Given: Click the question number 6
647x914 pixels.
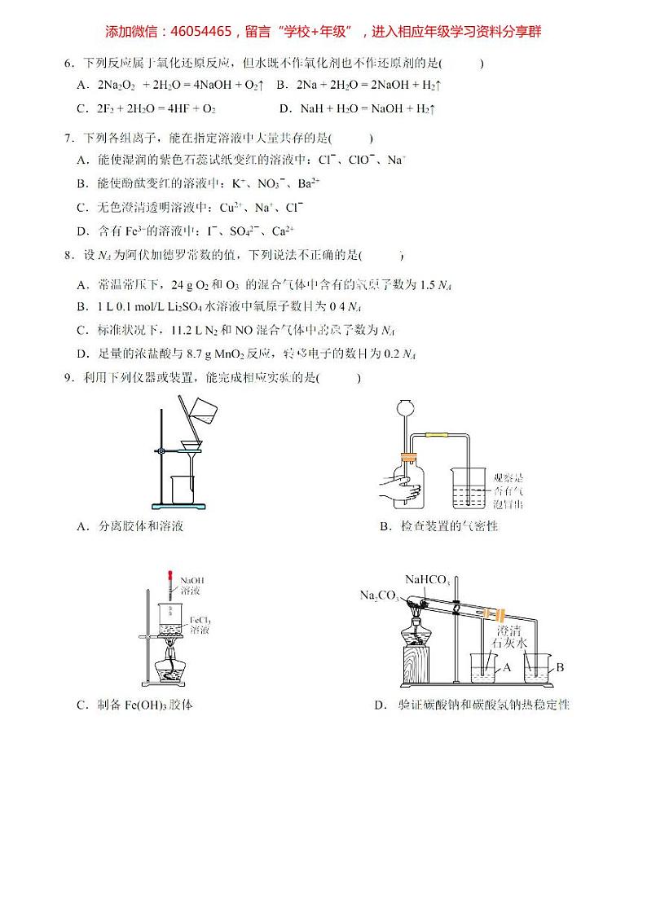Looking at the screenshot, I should click(x=68, y=63).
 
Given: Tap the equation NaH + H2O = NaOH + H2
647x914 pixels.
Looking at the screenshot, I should click(x=368, y=108).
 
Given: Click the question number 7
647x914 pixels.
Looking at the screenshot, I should click(x=68, y=138).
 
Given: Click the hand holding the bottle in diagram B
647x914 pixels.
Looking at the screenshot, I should click(x=397, y=490).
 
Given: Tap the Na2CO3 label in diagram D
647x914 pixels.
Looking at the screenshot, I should click(x=378, y=595).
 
